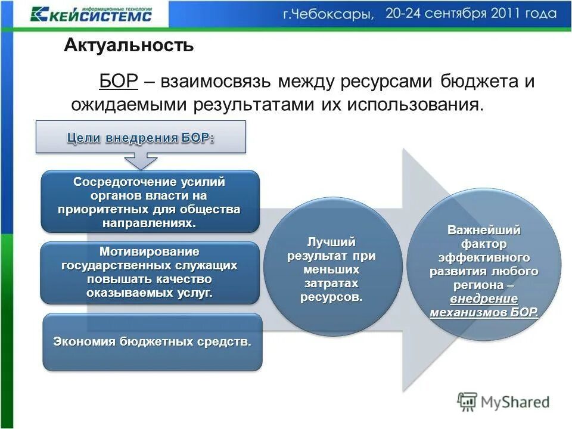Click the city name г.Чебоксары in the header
pyautogui.click(x=328, y=14)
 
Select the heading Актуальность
pyautogui.click(x=129, y=45)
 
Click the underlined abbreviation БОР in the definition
pyautogui.click(x=119, y=82)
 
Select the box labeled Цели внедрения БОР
pyautogui.click(x=141, y=138)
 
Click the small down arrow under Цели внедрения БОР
pyautogui.click(x=141, y=161)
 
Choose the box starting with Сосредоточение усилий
pyautogui.click(x=150, y=201)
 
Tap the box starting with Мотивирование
pyautogui.click(x=150, y=272)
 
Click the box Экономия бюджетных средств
pyautogui.click(x=153, y=342)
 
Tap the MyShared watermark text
pyautogui.click(x=515, y=402)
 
